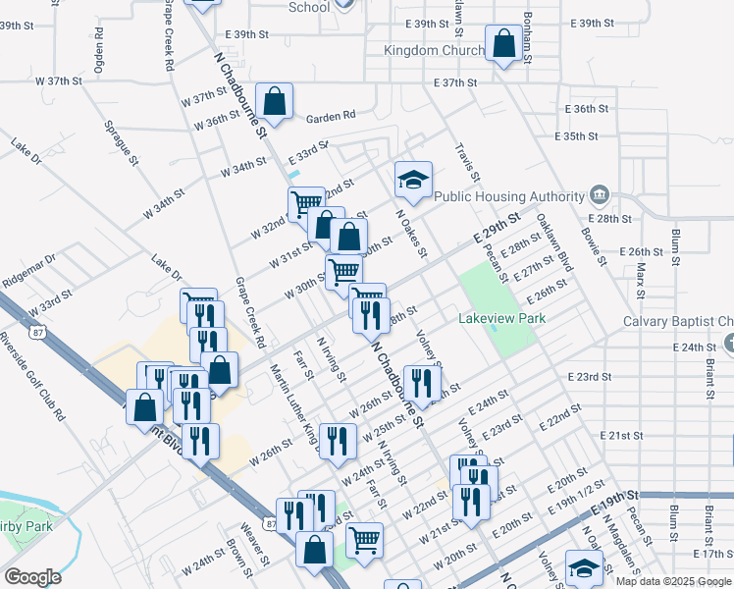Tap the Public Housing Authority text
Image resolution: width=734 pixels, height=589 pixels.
click(509, 196)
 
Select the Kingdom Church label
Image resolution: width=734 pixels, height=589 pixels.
click(435, 51)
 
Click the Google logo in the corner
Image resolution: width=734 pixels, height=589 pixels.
click(32, 577)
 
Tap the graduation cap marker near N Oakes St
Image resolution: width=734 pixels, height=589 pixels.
click(413, 180)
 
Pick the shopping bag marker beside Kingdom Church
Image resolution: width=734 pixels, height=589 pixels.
click(503, 43)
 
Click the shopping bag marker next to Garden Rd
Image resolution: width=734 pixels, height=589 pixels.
click(275, 100)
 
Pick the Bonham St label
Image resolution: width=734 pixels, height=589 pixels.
click(527, 39)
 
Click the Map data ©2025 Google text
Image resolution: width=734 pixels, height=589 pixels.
click(674, 581)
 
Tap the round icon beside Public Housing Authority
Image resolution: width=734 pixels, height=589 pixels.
click(599, 196)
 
